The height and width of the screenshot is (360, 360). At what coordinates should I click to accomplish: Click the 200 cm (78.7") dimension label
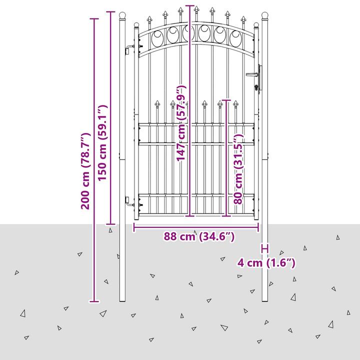coord(85,171)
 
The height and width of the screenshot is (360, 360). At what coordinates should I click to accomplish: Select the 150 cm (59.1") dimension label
coord(102,143)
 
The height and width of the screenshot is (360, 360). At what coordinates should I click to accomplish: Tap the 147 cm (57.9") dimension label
coord(180,123)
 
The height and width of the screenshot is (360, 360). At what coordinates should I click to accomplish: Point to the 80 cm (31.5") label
coord(238,169)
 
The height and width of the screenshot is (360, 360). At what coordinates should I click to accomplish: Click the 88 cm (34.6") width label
coord(199,236)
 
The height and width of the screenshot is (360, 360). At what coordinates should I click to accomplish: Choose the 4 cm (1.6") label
coord(266,262)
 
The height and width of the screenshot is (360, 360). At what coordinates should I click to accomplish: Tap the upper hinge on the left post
coord(129,49)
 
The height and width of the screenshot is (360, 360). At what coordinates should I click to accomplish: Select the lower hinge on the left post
coord(129,201)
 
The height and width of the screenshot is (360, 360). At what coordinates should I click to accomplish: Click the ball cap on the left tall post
coord(122,15)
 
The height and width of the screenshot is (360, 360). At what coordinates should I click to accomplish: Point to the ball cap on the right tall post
coord(264,15)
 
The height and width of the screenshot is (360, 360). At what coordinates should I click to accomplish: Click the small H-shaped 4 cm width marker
coord(264,248)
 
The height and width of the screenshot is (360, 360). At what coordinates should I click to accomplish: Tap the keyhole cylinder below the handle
coord(256,87)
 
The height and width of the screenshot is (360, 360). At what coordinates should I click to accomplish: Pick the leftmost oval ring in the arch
coord(157,37)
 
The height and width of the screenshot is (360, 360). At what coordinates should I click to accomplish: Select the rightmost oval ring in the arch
coord(235,37)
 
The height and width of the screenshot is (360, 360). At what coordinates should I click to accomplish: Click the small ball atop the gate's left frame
coord(136,25)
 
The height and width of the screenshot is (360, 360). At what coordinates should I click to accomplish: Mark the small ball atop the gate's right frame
coord(256,25)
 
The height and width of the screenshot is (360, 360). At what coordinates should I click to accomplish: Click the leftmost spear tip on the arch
coord(149,19)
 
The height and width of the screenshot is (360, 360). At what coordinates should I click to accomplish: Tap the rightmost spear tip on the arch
coord(243,19)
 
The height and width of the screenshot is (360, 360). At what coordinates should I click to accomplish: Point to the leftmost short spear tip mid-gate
coord(157,103)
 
